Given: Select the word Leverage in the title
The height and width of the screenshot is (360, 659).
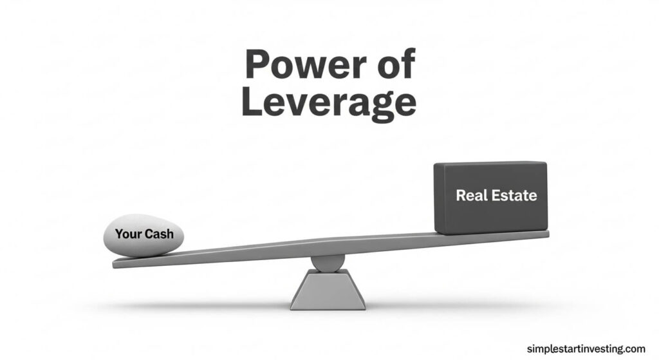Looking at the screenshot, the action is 329,104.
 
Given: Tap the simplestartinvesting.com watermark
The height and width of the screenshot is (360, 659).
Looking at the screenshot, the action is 586,348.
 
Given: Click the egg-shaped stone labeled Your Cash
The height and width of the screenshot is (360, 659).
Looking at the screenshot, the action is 144,235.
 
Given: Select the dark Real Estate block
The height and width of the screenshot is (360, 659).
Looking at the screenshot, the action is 490,198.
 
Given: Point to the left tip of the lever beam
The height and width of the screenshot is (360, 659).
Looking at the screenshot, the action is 113,264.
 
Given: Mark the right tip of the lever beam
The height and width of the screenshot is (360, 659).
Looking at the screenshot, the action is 548,233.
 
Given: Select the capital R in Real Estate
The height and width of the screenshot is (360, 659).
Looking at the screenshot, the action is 461,195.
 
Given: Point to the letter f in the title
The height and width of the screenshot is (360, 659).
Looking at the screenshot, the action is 407,63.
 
